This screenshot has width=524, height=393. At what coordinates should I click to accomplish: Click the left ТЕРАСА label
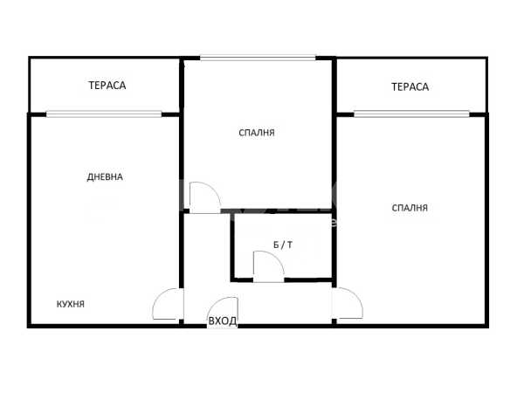[107, 86]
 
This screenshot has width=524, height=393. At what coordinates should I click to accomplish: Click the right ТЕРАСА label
[410, 86]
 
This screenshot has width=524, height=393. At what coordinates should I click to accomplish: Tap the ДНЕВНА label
[105, 176]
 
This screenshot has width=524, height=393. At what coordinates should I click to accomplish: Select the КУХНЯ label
[71, 304]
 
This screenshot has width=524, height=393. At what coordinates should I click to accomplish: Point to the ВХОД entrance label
[223, 321]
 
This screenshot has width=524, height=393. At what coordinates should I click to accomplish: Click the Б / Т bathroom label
[283, 245]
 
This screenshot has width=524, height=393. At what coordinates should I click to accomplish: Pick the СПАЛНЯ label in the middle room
[257, 133]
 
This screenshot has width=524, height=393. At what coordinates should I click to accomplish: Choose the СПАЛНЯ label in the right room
[410, 208]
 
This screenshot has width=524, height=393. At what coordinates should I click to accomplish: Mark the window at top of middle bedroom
[258, 58]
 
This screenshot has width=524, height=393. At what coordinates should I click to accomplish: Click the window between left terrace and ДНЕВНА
[104, 114]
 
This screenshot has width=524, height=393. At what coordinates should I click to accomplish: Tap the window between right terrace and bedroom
[411, 114]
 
